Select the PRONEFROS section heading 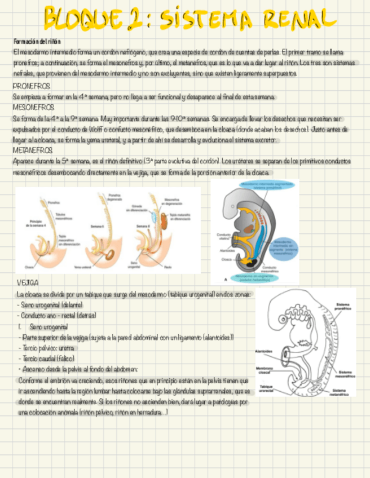click(31, 86)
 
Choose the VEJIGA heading click(28, 282)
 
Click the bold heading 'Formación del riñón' click(37, 42)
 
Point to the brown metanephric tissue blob click(164, 219)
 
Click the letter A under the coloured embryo click(226, 278)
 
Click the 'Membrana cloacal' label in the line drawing click(264, 370)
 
